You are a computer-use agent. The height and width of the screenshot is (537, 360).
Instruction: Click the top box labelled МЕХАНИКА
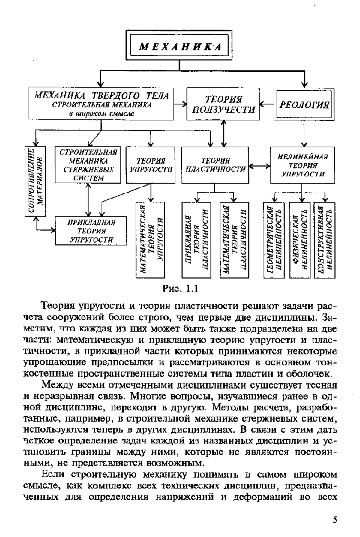(179, 46)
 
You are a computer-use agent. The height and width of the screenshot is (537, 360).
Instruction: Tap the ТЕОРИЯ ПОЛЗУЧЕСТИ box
(223, 104)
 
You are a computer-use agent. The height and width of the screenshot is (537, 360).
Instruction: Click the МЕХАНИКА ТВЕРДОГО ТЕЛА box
(102, 104)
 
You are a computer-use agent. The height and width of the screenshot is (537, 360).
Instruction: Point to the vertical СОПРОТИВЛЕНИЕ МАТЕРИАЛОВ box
(36, 181)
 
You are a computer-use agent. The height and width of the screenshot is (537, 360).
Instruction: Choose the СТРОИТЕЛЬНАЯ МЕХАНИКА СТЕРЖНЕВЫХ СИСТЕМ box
(88, 165)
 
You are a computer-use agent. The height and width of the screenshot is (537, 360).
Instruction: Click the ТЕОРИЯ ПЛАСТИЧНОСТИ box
(215, 165)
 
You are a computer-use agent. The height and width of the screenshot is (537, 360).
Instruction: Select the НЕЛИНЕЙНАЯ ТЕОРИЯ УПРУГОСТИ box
(302, 165)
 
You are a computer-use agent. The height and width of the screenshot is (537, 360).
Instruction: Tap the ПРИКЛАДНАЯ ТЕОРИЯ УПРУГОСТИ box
(91, 230)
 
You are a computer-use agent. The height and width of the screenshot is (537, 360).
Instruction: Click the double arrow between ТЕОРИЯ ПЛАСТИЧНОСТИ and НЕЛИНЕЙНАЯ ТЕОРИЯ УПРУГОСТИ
(259, 165)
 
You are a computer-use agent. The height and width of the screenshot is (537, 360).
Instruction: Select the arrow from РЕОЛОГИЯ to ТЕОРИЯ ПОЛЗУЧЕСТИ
(267, 104)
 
